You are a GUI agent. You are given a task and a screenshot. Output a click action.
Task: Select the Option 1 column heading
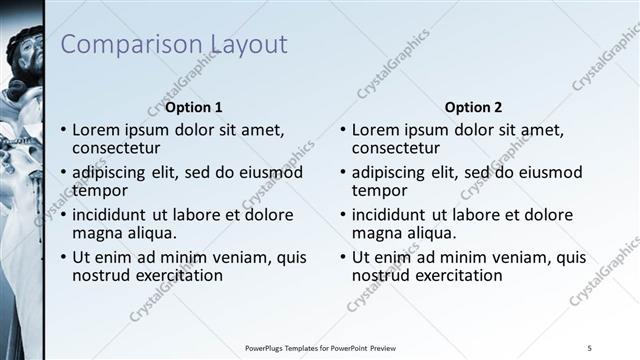tap(194, 107)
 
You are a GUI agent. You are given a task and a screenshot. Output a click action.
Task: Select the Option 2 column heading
tap(474, 107)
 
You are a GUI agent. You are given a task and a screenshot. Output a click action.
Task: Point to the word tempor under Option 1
tap(100, 190)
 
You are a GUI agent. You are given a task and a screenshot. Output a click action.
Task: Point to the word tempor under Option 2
tap(380, 190)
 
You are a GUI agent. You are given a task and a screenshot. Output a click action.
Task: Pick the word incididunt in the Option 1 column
tap(112, 214)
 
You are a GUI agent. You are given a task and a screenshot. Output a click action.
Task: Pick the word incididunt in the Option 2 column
tap(392, 214)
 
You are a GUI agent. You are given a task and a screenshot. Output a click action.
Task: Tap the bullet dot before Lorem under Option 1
tap(63, 130)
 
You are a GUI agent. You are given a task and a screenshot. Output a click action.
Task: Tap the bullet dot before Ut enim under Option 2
tap(343, 257)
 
